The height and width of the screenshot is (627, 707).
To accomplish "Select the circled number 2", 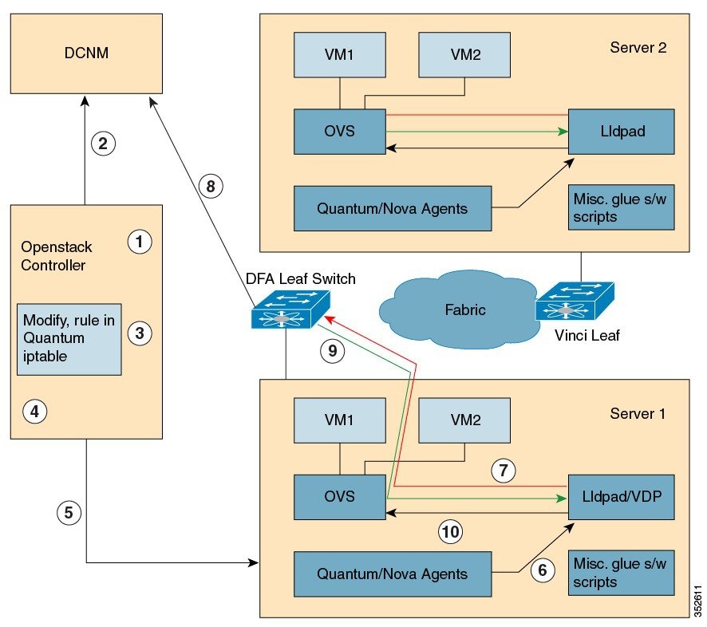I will click(x=104, y=144).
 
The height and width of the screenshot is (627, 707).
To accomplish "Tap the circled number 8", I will click(x=210, y=187).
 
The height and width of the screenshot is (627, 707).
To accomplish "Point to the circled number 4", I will click(x=34, y=412).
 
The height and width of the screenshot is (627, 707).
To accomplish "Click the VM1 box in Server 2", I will click(x=340, y=55).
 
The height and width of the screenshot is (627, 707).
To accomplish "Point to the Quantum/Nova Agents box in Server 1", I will click(x=391, y=573).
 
